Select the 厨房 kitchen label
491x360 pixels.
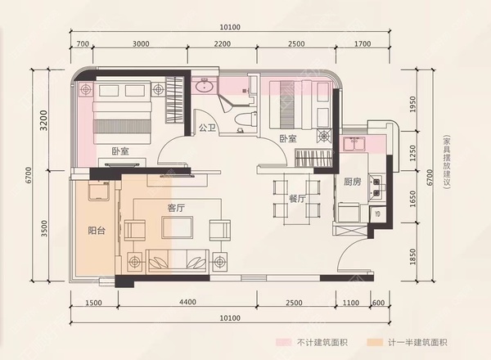point(352,182)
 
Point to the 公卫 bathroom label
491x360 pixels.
point(207,128)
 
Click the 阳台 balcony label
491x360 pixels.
point(97,231)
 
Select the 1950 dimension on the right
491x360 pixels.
point(413,104)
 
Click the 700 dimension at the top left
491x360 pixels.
point(82,43)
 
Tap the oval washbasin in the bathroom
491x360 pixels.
point(205,85)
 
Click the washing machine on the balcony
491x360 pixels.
point(98,191)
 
